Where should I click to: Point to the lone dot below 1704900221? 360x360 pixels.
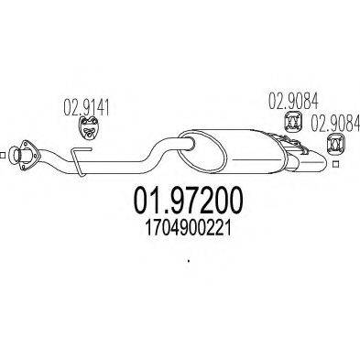[188, 263]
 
